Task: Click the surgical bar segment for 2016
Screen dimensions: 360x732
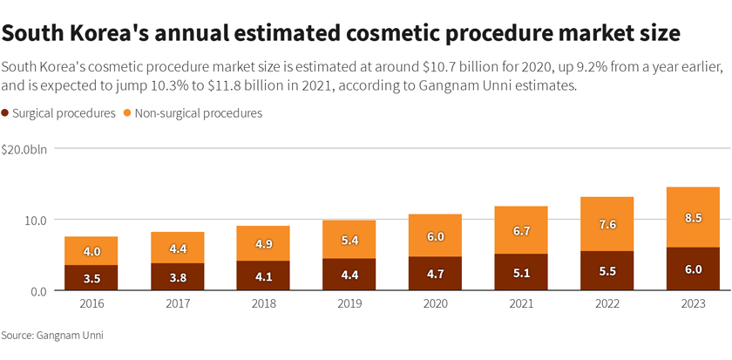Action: click(x=91, y=278)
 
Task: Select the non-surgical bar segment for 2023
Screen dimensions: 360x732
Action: click(x=693, y=217)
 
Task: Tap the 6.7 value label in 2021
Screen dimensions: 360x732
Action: click(x=521, y=230)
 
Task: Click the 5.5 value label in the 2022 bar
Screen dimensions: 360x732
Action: click(x=607, y=271)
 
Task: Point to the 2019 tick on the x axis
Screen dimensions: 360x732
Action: click(x=349, y=303)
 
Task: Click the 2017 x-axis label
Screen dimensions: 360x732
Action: click(x=177, y=303)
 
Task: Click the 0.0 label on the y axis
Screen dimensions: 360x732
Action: click(x=39, y=291)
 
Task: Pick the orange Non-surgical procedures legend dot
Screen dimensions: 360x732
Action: click(x=127, y=113)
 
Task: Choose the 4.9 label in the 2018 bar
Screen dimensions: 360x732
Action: click(x=263, y=244)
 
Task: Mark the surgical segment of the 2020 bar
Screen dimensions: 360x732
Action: click(x=435, y=274)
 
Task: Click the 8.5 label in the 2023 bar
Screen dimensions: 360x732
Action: click(x=693, y=218)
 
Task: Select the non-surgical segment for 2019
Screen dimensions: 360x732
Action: click(x=349, y=239)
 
